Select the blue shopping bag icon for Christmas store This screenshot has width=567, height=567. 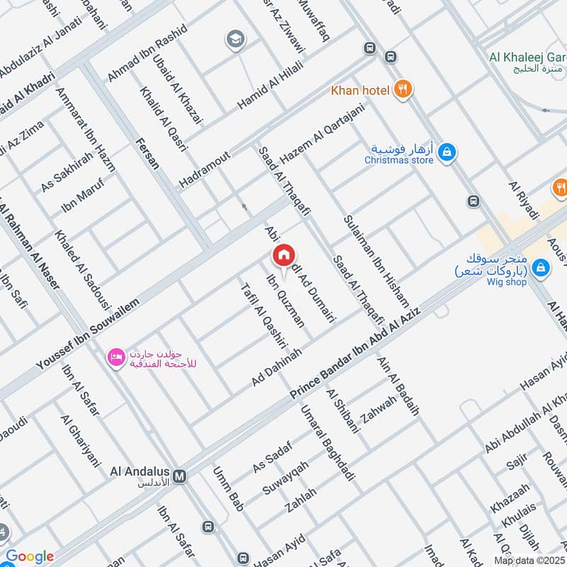[447, 152]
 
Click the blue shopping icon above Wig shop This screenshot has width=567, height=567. [541, 267]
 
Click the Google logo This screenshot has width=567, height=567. [29, 556]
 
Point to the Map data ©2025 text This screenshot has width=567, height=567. [529, 560]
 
